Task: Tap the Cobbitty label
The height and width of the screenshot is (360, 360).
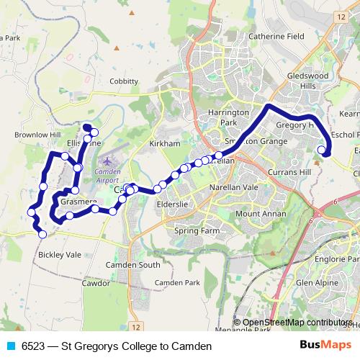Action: tap(123, 81)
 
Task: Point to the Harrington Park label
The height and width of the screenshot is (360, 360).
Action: tap(228, 118)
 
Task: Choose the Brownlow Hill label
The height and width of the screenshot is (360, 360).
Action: tap(37, 135)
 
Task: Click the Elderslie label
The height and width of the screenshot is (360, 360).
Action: tap(171, 204)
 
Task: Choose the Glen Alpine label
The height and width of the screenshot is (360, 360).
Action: tap(315, 283)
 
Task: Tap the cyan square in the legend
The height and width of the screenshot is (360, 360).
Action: tap(9, 346)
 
